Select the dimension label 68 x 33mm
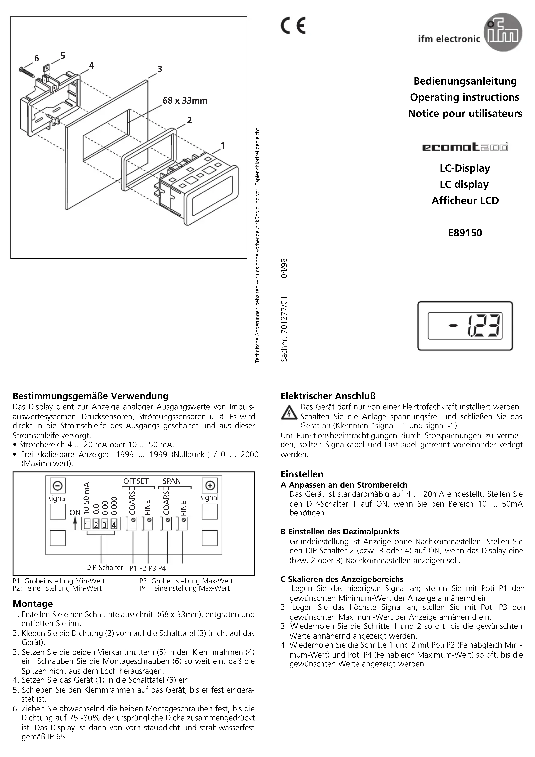click(x=185, y=101)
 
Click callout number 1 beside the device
click(x=223, y=145)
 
